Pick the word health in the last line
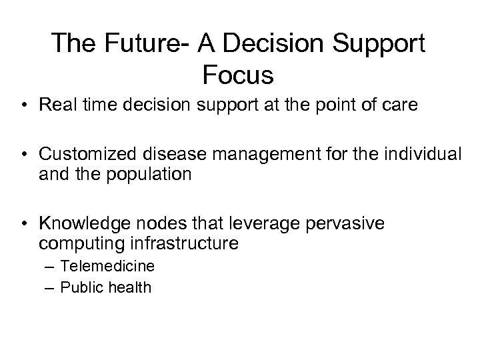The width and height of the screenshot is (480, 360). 131,287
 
